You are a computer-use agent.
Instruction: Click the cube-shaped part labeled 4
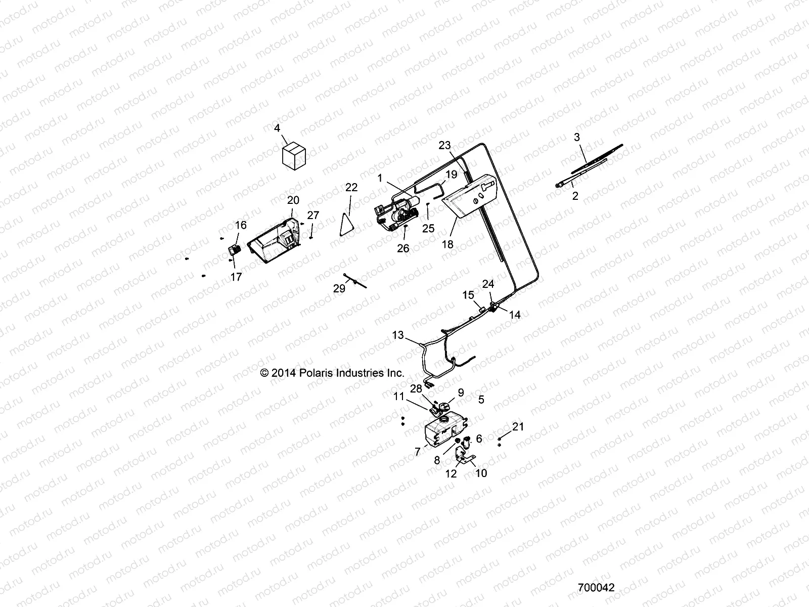coord(294,154)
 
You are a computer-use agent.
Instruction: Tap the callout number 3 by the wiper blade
coord(577,137)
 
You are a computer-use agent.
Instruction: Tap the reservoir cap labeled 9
coord(444,406)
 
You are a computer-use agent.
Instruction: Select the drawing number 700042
coord(596,588)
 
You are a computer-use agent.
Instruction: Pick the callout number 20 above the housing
coord(293,200)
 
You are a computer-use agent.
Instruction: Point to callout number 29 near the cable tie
coord(339,288)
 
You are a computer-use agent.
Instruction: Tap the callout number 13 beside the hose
coord(398,335)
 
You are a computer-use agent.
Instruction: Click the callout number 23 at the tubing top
coord(444,146)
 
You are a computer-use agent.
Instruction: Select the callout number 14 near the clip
coord(514,315)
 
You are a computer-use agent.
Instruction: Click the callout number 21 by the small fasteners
coord(518,427)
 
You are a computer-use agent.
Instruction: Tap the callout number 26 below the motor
coord(403,248)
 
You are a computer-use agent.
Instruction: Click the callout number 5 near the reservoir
coord(481,400)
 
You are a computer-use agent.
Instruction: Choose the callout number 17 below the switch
coord(236,277)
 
